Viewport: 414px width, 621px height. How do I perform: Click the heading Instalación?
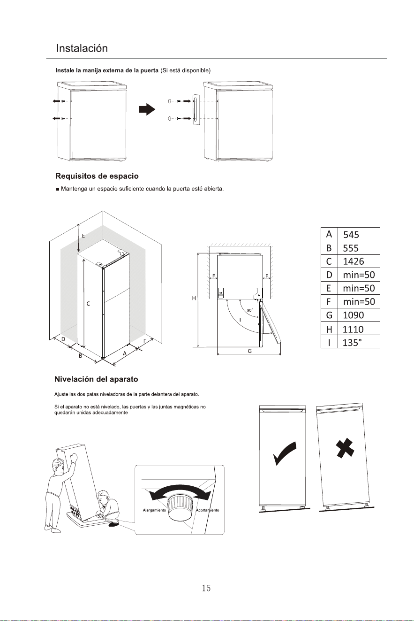(x=82, y=48)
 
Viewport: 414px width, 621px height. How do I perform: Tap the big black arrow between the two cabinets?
(x=147, y=109)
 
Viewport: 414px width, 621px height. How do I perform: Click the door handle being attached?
(x=196, y=110)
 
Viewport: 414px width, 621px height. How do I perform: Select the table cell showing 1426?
(x=359, y=261)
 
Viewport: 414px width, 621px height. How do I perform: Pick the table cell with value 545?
(x=359, y=235)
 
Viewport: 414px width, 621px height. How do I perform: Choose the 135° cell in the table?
(x=359, y=342)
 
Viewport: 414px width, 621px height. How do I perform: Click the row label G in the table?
(x=329, y=315)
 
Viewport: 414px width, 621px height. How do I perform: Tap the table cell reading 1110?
(x=359, y=329)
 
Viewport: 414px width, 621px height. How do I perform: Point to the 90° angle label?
(x=250, y=310)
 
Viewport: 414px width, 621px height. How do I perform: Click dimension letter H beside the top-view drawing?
(x=194, y=299)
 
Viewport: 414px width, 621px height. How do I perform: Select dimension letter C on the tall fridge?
(x=88, y=304)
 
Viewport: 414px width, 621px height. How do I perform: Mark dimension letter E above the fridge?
(x=83, y=236)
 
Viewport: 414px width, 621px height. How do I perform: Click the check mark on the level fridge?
(x=285, y=453)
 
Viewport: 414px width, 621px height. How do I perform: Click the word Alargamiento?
(x=154, y=510)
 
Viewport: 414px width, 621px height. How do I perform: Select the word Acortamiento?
(x=207, y=510)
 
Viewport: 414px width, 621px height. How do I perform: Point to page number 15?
(x=206, y=588)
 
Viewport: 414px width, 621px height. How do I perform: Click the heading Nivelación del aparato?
(x=96, y=379)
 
